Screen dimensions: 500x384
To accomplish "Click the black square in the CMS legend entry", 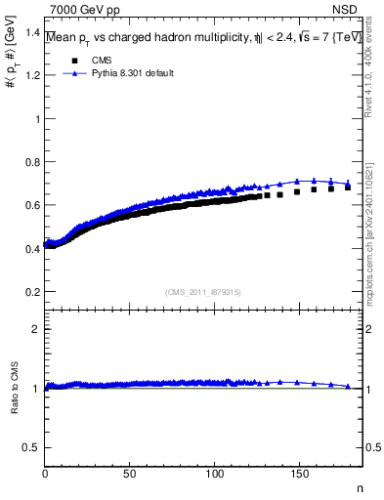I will (71, 61).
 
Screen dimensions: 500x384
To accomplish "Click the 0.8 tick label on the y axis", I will (32, 162).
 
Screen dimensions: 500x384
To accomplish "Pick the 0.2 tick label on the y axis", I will (32, 292).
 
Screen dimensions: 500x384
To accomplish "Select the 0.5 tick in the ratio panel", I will (32, 448).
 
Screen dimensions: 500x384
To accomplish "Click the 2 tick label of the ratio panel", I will (37, 329).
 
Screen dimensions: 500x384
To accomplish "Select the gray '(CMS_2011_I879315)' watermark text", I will (203, 292).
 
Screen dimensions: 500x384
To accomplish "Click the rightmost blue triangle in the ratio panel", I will (348, 387).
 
